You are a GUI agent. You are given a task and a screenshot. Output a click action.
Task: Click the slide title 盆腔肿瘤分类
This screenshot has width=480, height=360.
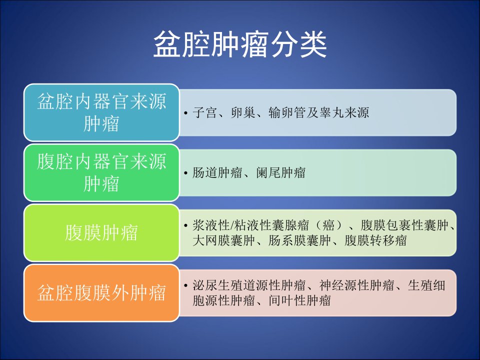click(240, 44)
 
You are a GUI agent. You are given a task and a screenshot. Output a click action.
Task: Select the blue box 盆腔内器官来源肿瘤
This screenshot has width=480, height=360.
click(101, 112)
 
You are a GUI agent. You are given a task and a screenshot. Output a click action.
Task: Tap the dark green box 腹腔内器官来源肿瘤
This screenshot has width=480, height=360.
click(101, 172)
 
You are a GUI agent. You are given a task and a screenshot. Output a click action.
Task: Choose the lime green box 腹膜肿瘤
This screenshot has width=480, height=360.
click(101, 232)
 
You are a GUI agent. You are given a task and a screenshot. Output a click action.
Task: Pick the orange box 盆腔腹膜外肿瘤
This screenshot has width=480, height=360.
click(101, 293)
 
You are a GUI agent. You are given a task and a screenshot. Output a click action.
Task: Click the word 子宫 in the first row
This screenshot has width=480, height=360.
click(205, 112)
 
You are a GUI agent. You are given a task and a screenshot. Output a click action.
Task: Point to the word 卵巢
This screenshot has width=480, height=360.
click(243, 112)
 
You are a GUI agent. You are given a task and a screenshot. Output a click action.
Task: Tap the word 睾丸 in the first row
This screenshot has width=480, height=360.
click(331, 112)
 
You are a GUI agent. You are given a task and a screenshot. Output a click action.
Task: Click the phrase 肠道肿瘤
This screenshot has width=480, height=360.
click(217, 172)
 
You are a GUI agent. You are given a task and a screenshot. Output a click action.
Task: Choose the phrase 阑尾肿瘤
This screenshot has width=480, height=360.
click(280, 172)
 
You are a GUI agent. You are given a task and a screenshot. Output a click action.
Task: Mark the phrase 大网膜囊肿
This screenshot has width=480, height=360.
click(224, 240)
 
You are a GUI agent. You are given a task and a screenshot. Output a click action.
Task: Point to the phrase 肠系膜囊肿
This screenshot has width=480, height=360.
click(299, 240)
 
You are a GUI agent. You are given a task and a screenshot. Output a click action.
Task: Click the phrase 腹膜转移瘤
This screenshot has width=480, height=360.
click(376, 240)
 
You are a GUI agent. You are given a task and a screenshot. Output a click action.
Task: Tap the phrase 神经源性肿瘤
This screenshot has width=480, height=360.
click(357, 285)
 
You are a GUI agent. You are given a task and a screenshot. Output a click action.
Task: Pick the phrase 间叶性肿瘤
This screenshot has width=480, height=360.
click(299, 300)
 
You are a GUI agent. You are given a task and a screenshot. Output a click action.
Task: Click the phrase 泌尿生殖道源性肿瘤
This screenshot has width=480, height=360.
click(249, 285)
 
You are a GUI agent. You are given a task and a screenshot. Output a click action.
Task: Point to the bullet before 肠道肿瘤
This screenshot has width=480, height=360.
click(186, 173)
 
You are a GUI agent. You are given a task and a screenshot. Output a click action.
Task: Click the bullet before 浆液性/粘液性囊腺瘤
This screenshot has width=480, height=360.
click(186, 226)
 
